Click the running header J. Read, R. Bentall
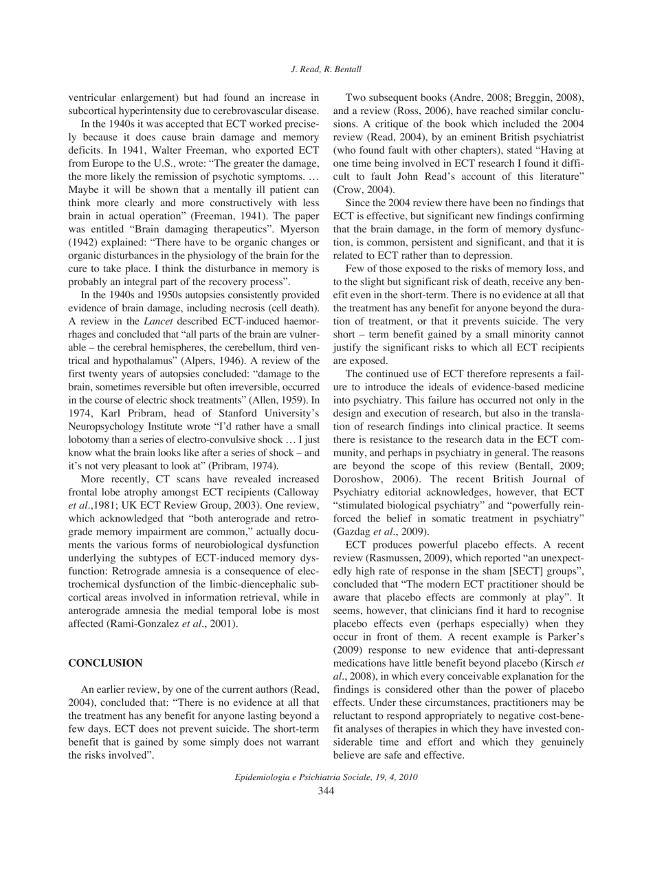point(326,48)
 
